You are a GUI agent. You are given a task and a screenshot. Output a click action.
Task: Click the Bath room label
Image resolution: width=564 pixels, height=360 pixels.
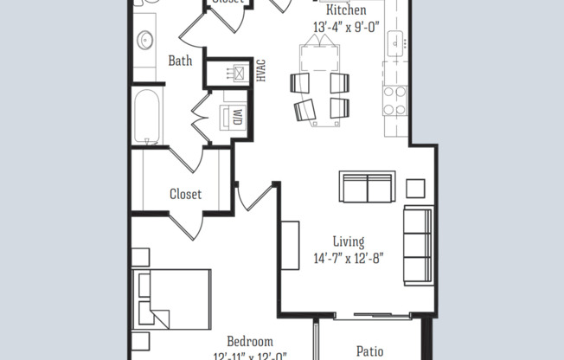[x=180, y=61]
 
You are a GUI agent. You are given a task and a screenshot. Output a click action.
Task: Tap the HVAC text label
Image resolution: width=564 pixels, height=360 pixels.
[x=260, y=72]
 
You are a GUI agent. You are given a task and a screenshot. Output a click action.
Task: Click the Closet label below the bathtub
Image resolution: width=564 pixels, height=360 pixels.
[x=185, y=194]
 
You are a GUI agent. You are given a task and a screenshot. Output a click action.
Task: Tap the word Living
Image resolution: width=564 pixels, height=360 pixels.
[x=349, y=241]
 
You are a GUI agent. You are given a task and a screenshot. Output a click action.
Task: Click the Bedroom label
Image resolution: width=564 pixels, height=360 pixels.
[x=250, y=341]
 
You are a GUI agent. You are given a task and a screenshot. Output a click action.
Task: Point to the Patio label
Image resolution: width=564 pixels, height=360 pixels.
[x=370, y=351]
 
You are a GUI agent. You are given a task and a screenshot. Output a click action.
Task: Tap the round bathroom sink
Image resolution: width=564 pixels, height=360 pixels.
[x=146, y=39]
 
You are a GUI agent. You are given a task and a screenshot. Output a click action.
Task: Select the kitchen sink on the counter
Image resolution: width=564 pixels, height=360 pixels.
[x=396, y=41]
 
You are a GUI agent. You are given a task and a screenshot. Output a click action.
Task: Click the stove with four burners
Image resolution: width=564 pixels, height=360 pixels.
[x=395, y=100]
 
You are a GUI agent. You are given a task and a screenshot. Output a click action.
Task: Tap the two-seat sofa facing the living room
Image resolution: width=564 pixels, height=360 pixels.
[x=368, y=187]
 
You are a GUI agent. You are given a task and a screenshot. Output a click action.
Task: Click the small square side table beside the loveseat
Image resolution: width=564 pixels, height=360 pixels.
[x=415, y=188]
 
